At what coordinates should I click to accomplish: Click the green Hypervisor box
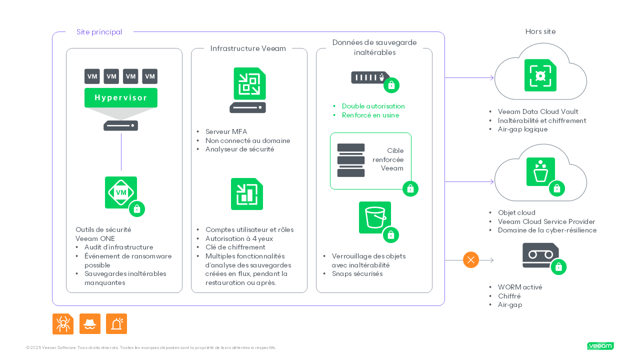point(120,97)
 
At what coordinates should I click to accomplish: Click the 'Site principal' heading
point(99,32)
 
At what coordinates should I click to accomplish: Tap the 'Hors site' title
point(540,31)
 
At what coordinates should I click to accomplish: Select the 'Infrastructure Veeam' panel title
point(248,48)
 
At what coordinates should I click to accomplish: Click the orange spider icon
point(63,324)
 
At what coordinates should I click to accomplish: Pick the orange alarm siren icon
point(116,324)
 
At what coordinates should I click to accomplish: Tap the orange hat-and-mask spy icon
point(90,324)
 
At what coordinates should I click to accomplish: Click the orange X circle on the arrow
point(470,260)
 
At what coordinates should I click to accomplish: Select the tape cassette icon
point(540,255)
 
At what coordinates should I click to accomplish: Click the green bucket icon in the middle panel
point(375,217)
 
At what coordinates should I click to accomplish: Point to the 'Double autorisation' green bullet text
point(373,106)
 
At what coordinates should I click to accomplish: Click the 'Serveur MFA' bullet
point(226,132)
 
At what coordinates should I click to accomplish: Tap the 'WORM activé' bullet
point(519,287)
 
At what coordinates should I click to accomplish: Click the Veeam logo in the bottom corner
point(600,346)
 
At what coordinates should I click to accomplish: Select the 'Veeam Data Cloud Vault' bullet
point(537,112)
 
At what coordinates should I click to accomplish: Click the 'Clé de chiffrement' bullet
point(235,247)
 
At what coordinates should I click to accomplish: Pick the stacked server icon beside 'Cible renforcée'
point(351,160)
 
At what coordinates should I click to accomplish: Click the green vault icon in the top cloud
point(540,75)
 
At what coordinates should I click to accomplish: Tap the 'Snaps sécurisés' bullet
point(357,274)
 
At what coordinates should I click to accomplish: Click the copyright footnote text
point(150,347)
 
